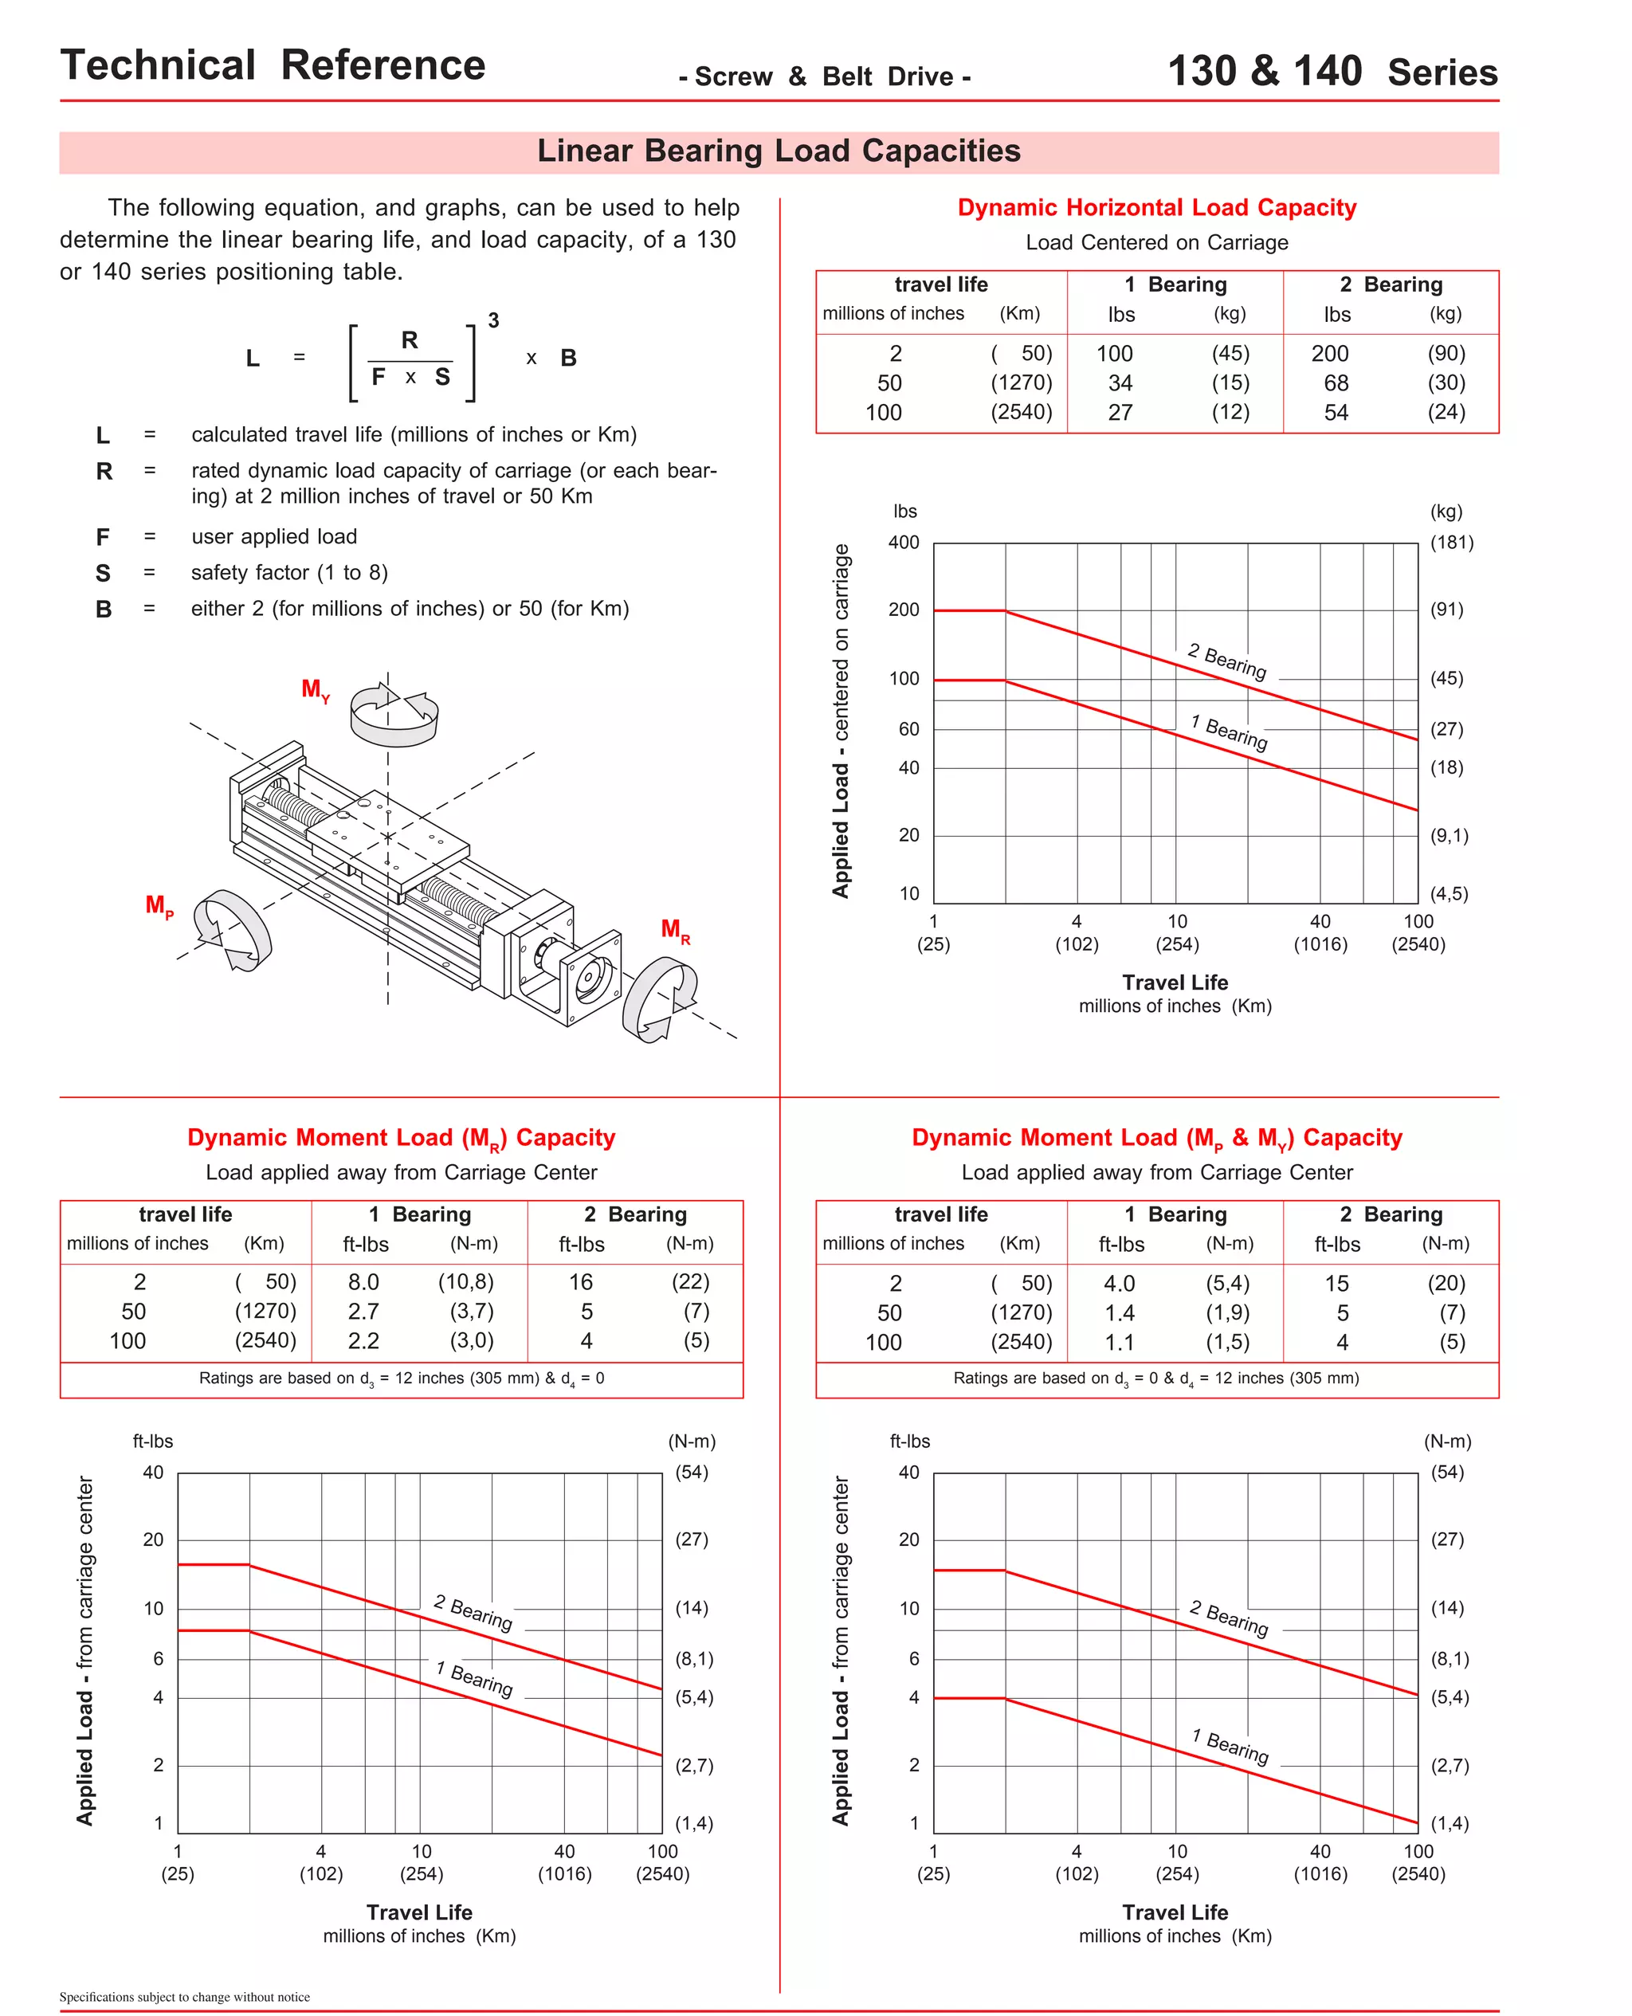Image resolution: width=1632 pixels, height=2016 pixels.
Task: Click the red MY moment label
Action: [314, 690]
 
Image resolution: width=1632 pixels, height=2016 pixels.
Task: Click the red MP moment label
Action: [158, 906]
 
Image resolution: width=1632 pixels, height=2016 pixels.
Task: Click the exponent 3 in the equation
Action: [492, 320]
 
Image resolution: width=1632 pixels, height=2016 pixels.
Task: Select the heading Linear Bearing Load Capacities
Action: [779, 151]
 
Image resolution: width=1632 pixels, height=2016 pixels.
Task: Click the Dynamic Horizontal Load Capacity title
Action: [1156, 208]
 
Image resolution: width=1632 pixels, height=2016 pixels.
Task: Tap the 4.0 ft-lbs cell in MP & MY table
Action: [1119, 1283]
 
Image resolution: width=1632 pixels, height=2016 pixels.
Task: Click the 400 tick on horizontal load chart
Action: [904, 543]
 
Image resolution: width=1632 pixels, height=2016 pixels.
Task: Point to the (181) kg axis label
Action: [1450, 543]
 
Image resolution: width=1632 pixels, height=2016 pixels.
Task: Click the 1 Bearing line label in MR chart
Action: [474, 1679]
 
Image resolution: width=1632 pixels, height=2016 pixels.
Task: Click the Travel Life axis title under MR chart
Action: [419, 1912]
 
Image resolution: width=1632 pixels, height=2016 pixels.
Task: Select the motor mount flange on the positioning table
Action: [590, 978]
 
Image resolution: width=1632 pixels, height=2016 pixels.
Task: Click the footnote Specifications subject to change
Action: [184, 1996]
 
